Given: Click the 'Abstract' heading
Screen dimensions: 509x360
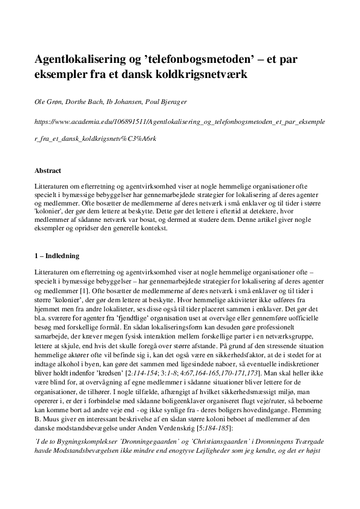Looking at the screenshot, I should tap(48, 170).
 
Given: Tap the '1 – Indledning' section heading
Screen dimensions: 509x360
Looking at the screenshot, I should tap(62, 256).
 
